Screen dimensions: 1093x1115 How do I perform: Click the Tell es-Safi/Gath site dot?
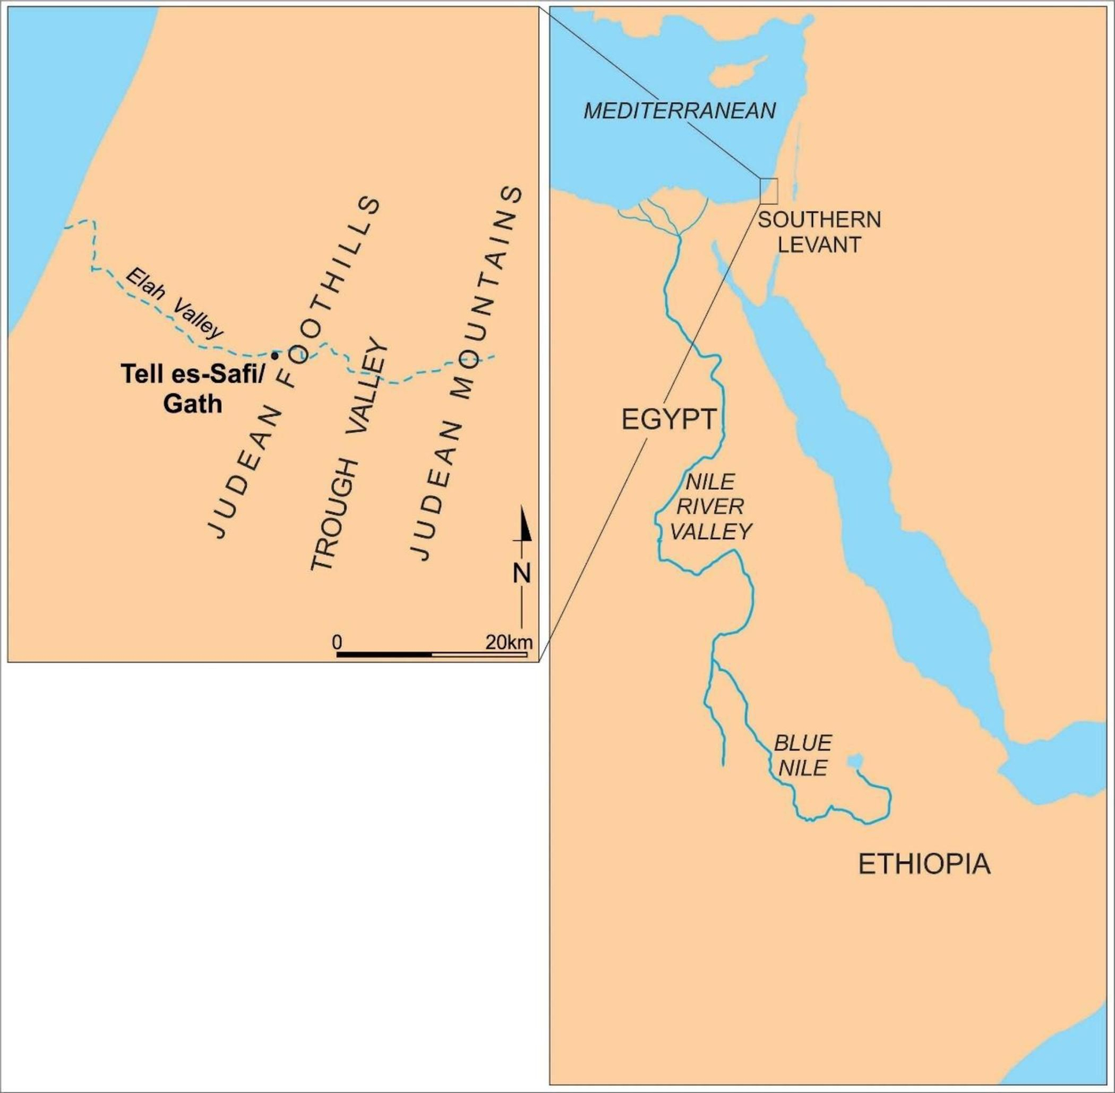click(x=275, y=355)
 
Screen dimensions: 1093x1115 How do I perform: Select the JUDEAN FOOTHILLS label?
click(x=295, y=367)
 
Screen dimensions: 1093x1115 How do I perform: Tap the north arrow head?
click(x=526, y=525)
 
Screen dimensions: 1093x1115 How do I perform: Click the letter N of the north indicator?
click(x=522, y=573)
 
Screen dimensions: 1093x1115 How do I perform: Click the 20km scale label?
click(x=509, y=642)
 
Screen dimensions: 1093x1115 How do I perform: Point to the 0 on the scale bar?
click(x=337, y=642)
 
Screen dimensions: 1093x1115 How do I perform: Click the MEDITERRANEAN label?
click(x=680, y=111)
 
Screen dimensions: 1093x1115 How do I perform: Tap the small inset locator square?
click(x=768, y=191)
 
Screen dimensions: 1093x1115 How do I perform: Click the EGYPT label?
click(x=669, y=419)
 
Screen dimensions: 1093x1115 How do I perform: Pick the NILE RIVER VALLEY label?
click(x=711, y=506)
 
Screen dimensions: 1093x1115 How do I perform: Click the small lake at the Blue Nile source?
click(x=855, y=761)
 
